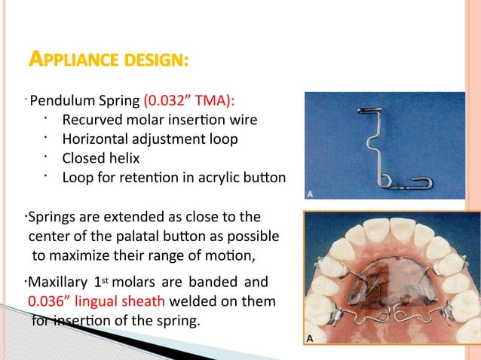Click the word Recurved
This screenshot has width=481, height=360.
pos(96,121)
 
